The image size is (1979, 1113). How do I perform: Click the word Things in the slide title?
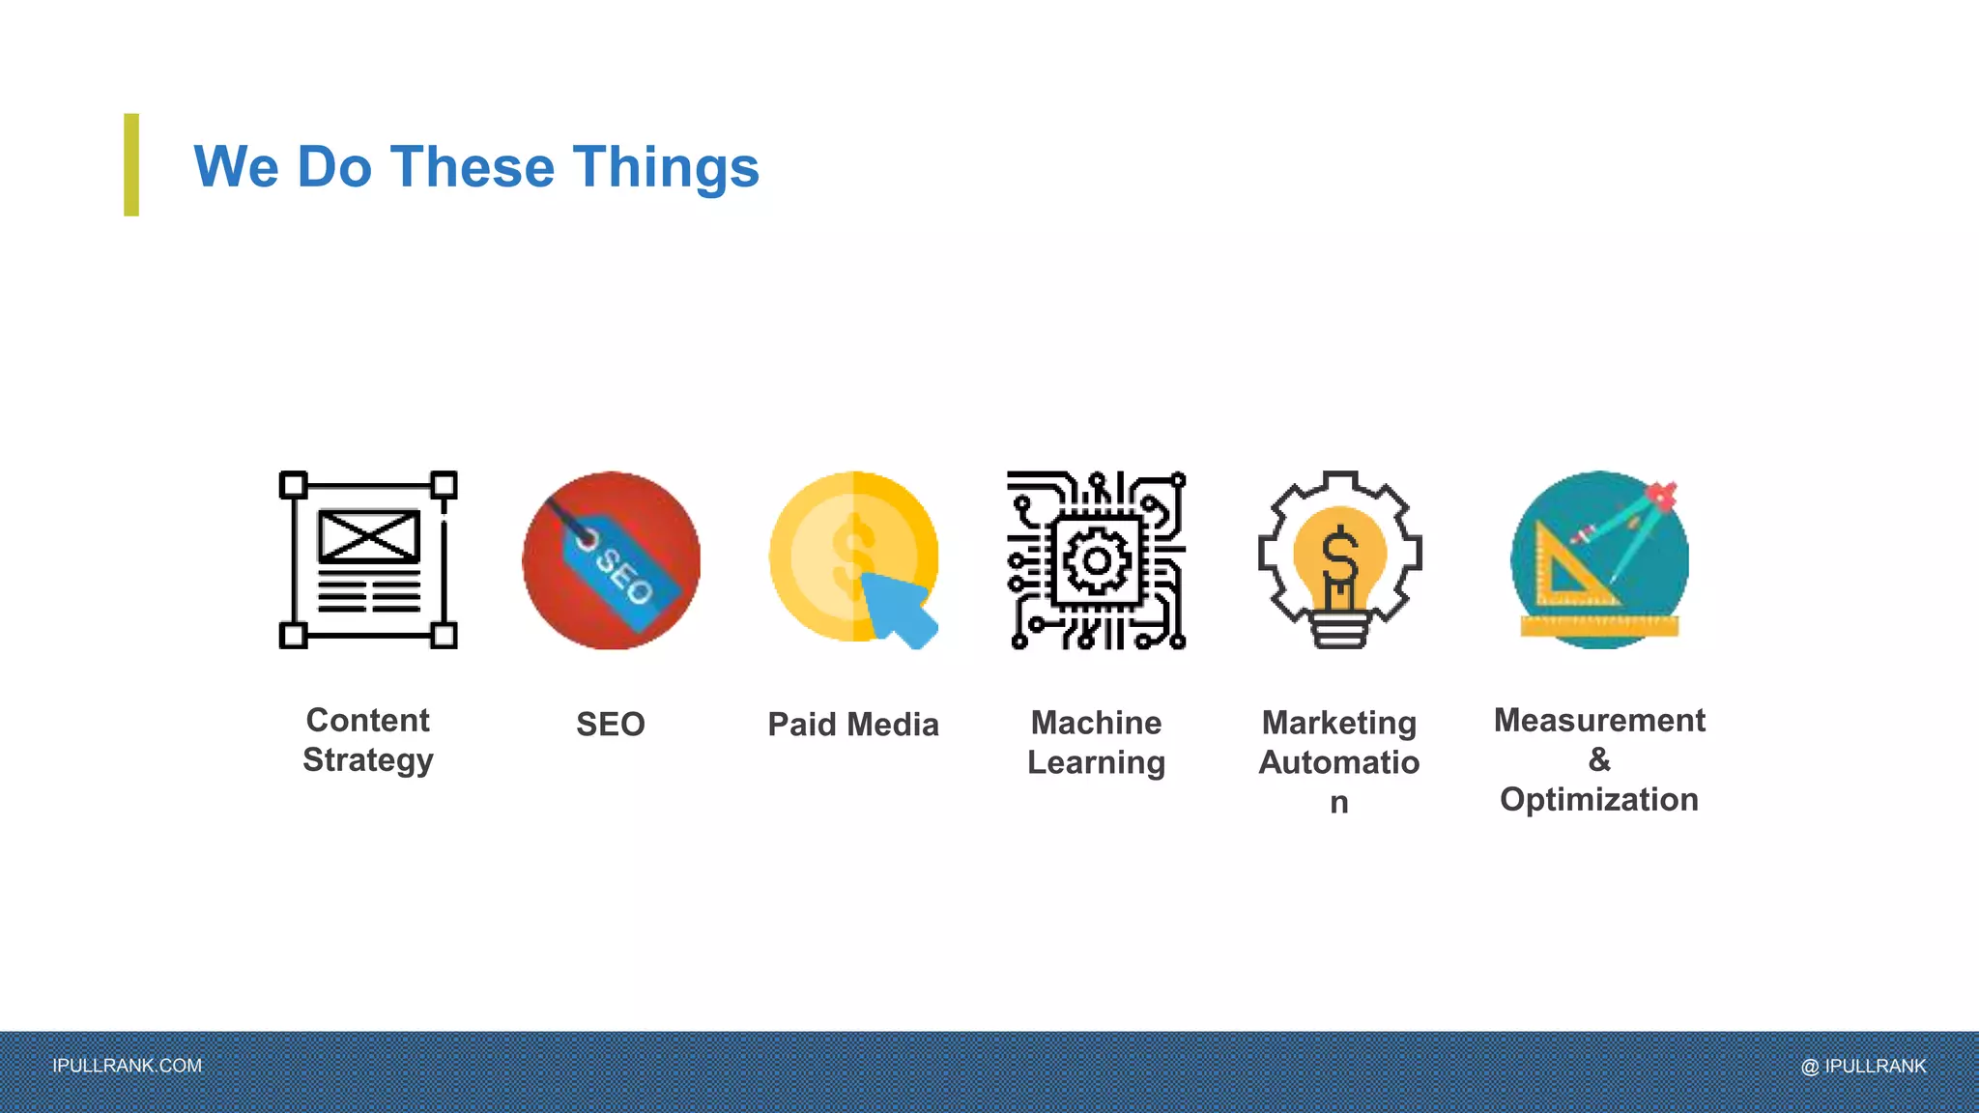[x=666, y=167]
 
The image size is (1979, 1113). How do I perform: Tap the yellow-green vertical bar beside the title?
[x=131, y=164]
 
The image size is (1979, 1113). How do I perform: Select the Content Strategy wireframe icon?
[x=368, y=559]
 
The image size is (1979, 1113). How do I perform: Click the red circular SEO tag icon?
[x=611, y=559]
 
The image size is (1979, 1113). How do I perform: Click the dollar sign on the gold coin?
[x=852, y=556]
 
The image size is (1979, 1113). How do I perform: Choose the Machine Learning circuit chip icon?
[x=1096, y=559]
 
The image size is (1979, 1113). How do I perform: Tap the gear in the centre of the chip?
[x=1097, y=560]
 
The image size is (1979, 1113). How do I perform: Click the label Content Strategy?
[x=368, y=740]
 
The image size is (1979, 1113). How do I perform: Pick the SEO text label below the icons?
[x=611, y=725]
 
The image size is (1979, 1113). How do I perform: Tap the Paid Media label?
[x=853, y=725]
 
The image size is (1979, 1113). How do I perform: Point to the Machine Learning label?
[x=1096, y=742]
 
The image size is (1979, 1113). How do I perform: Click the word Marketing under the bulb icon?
[x=1339, y=723]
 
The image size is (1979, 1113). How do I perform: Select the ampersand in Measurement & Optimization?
[x=1599, y=759]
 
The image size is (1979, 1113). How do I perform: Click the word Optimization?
[x=1599, y=800]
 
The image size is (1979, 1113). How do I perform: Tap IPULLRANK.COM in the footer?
[x=128, y=1066]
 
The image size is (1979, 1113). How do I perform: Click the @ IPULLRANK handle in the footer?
[x=1863, y=1066]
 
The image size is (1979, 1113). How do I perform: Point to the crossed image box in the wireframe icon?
[x=369, y=536]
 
